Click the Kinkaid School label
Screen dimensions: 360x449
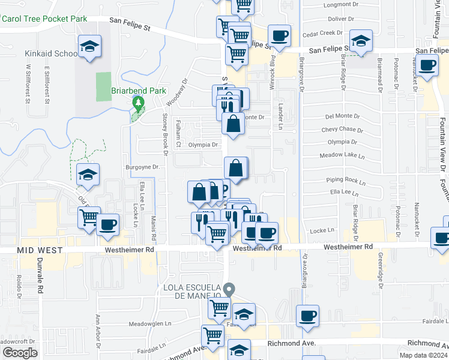coord(50,53)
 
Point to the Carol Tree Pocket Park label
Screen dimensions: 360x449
coord(44,19)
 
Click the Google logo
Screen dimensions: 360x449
coord(20,353)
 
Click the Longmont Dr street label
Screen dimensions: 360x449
coord(340,5)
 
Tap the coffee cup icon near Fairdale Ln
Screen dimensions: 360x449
coord(308,316)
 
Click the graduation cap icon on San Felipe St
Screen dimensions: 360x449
coord(360,41)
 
